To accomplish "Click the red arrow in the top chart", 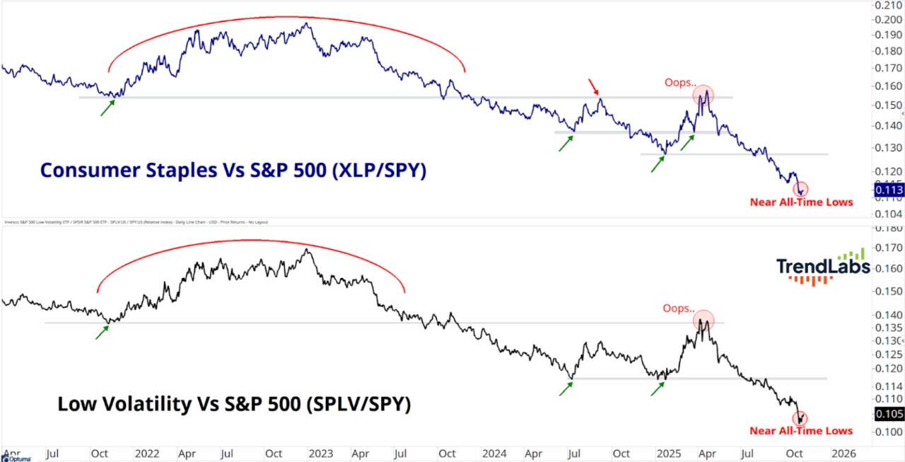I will [x=594, y=87].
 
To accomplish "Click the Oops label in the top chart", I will [x=679, y=83].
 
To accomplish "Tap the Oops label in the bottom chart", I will [x=678, y=308].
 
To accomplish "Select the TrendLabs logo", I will [x=822, y=267].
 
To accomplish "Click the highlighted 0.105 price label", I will [x=889, y=414].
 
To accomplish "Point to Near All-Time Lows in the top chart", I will [x=801, y=202].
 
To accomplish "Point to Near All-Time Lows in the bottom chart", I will [x=801, y=430].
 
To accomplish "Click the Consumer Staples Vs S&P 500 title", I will [x=233, y=170].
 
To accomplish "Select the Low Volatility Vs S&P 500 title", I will [x=234, y=404].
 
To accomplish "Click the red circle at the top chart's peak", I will [x=703, y=95].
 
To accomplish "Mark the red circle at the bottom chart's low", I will [x=800, y=419].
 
